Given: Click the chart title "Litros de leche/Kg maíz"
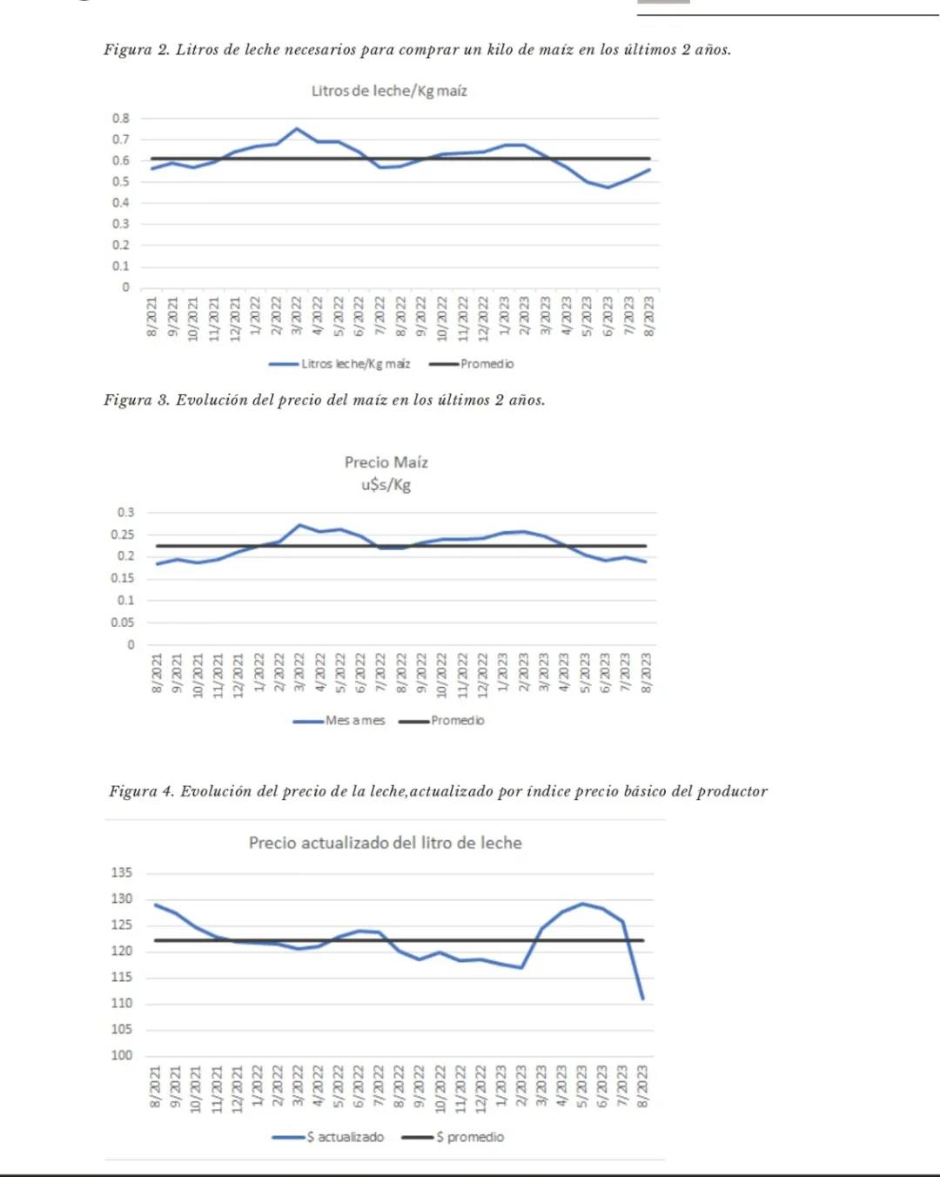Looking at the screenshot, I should click(x=389, y=91).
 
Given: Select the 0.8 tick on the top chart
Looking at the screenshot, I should click(x=120, y=118).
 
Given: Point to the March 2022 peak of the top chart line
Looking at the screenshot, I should click(x=297, y=129).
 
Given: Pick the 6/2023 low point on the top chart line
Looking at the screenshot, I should click(x=608, y=187).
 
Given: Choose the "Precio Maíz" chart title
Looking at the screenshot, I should click(x=386, y=462).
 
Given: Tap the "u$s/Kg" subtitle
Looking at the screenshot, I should click(x=386, y=485).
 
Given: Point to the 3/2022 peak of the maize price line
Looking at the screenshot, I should click(x=299, y=525).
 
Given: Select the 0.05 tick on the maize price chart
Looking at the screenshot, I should click(x=122, y=622).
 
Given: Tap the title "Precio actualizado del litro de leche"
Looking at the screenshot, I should click(x=386, y=843).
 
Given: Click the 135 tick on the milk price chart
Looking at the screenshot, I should click(x=121, y=872).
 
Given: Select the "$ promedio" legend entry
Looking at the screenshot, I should click(x=469, y=1137).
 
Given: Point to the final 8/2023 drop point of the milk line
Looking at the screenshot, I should click(x=642, y=999).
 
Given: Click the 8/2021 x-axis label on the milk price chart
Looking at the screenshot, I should click(x=156, y=1088).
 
